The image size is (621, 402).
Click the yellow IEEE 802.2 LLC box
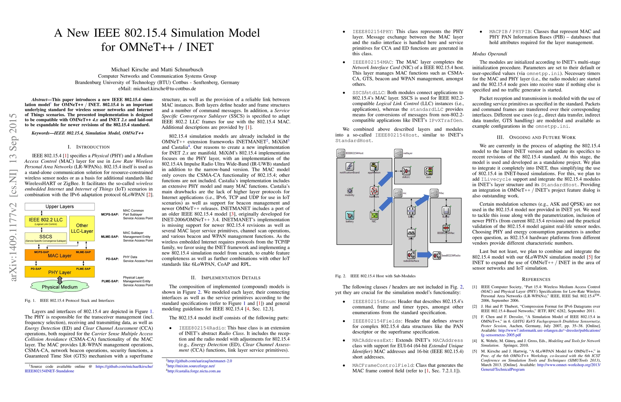46,221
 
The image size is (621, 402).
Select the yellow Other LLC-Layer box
82,228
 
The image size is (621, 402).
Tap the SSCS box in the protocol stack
46,238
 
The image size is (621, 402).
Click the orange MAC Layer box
60,255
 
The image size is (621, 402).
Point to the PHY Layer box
60,272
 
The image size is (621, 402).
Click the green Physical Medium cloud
60,287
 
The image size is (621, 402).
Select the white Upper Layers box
60,206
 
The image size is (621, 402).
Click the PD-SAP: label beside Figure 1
112,259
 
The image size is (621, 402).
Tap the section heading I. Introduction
88,147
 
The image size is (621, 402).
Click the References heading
536,279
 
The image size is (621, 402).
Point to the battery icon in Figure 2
350,215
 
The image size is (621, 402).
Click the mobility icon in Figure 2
350,190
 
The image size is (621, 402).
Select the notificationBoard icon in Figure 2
350,166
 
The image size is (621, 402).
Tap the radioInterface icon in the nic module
411,255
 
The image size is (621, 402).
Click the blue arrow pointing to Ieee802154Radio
424,255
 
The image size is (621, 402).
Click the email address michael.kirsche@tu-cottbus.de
157,89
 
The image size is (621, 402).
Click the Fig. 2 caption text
375,276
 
